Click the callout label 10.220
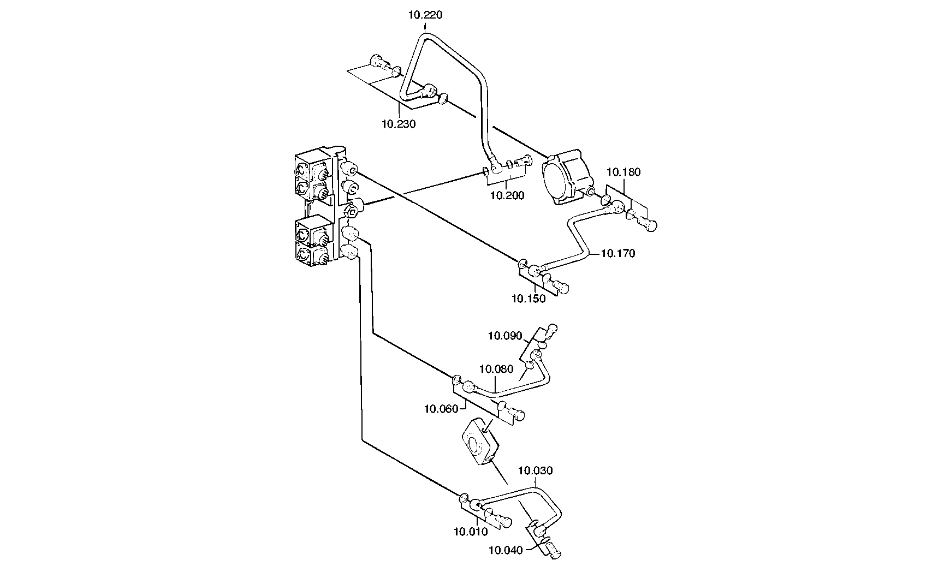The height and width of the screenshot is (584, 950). (x=425, y=15)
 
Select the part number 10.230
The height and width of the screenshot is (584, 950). (x=399, y=124)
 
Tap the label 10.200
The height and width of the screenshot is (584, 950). (x=507, y=195)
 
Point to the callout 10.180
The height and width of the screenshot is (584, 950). (x=624, y=172)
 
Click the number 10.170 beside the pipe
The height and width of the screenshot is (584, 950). (x=618, y=253)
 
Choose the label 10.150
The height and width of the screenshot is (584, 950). (x=529, y=299)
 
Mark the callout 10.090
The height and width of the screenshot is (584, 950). (x=505, y=336)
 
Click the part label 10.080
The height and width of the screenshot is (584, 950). (x=496, y=369)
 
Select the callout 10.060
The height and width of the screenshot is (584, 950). (x=441, y=408)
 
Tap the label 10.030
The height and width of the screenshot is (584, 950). (x=535, y=470)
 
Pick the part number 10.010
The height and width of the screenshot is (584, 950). (x=471, y=531)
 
